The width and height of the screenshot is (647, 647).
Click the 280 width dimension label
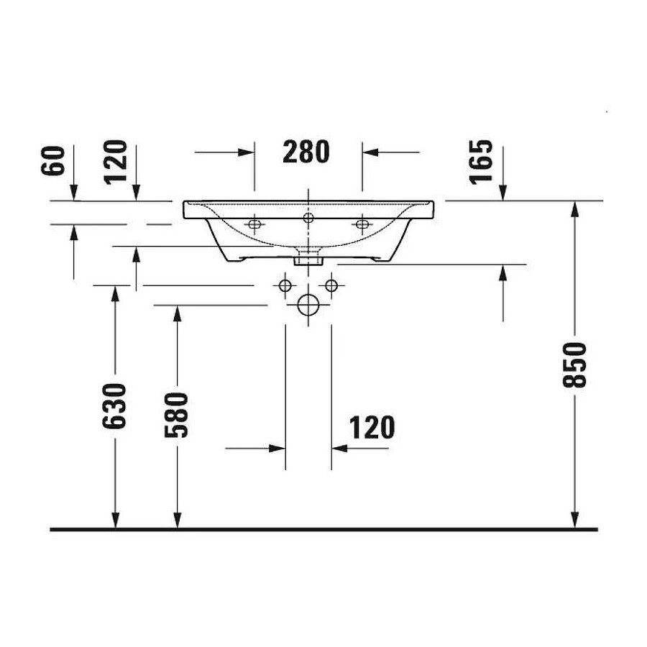click(306, 152)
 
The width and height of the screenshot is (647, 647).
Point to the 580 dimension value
click(178, 415)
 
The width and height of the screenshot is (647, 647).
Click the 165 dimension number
click(482, 160)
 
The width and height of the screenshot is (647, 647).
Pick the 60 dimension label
click(58, 162)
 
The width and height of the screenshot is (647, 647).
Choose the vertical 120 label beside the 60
click(117, 162)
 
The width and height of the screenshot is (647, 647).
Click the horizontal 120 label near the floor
click(372, 428)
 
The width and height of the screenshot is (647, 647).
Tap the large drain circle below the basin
click(308, 306)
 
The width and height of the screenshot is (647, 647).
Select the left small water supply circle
click(285, 285)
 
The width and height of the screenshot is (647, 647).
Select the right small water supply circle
click(331, 285)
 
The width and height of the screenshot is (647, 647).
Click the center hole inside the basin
click(308, 218)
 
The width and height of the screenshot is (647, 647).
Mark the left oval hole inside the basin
click(253, 225)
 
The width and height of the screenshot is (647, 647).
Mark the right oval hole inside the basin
click(362, 225)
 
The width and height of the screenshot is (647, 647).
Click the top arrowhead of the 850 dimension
click(574, 208)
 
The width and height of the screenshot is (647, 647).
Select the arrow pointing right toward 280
click(248, 152)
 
